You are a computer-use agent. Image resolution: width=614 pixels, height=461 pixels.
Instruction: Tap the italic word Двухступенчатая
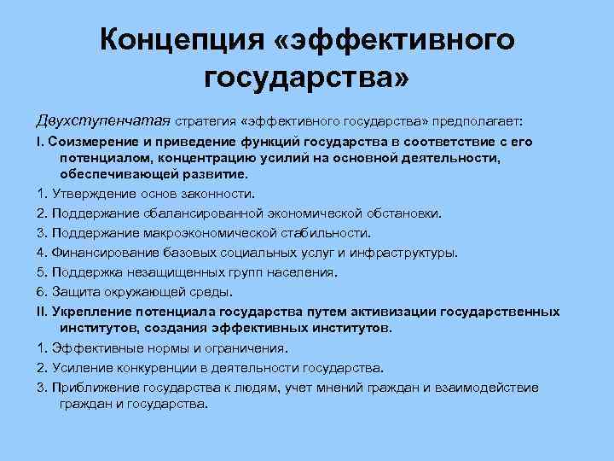tap(91, 116)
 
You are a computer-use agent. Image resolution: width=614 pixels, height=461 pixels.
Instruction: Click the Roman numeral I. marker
tap(40, 142)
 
